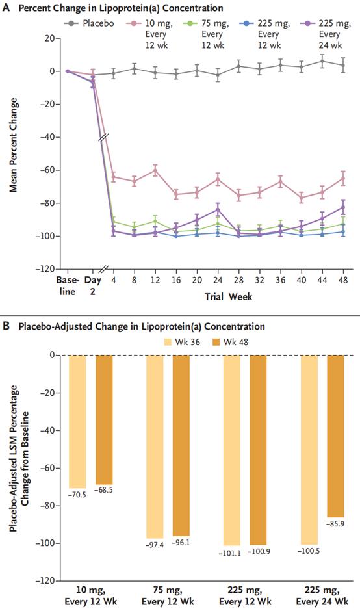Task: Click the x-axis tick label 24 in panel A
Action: tap(218, 280)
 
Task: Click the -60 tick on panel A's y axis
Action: tap(45, 170)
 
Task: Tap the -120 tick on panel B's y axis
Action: tap(45, 580)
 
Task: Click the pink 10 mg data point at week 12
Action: tap(155, 170)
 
